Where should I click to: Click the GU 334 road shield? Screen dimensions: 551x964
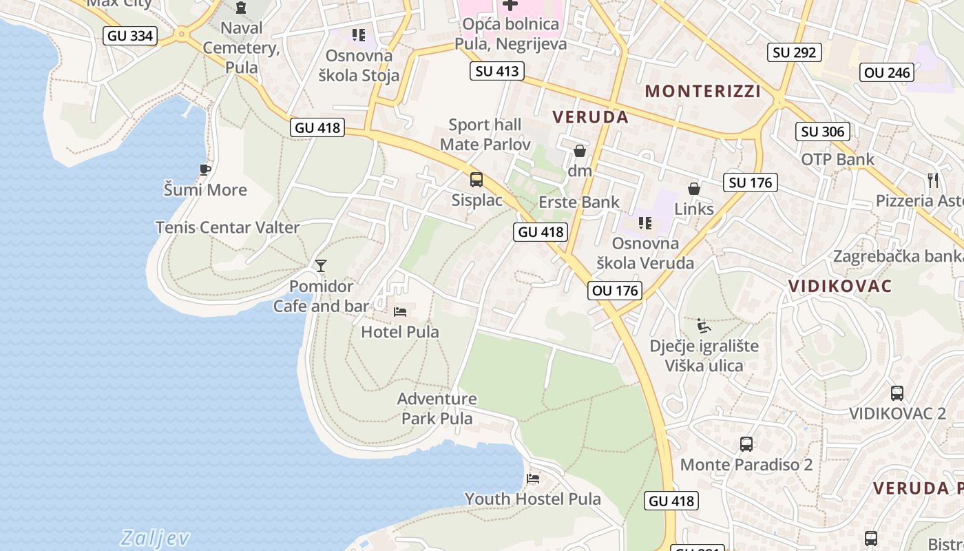131,36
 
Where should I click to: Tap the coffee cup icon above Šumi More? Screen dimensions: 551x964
205,169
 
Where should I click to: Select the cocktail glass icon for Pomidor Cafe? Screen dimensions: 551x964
320,266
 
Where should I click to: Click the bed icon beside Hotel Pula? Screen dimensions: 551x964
400,312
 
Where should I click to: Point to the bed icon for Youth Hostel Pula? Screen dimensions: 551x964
533,479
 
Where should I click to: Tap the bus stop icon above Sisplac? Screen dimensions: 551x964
476,180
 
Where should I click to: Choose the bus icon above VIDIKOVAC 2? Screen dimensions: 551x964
897,393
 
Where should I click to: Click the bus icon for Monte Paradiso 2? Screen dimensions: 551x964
746,444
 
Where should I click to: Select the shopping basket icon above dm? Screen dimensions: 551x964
580,151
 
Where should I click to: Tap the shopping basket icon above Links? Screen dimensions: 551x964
694,189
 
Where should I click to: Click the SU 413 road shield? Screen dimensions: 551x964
497,71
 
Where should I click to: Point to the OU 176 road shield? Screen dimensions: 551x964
616,291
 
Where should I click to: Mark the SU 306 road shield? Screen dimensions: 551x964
823,132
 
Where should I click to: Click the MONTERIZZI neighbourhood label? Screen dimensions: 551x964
702,92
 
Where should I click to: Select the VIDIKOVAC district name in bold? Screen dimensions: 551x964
839,287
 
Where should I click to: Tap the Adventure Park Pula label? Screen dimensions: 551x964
437,408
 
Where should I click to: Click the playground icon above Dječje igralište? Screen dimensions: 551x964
704,325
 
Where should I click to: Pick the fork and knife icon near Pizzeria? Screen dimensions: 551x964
933,180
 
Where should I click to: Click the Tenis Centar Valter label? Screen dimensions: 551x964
227,227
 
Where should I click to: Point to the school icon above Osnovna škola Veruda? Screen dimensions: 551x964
645,223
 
